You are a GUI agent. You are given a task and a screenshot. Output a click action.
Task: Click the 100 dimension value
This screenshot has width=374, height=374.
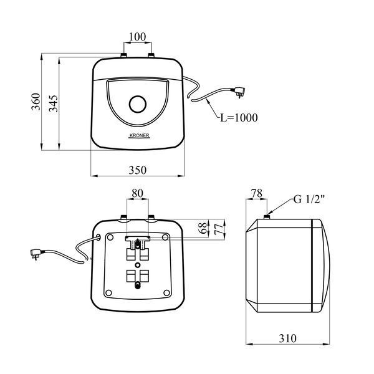point(138,37)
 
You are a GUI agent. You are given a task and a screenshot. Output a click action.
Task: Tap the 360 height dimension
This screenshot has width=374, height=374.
point(36,102)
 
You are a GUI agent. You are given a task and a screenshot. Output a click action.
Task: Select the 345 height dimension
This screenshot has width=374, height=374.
point(54,103)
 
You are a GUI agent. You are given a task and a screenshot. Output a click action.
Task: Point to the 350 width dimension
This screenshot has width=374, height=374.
point(138,170)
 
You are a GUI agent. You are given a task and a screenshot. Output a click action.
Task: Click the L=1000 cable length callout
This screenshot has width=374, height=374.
point(239,118)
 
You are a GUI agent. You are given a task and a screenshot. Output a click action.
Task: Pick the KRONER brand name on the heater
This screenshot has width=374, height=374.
point(139,135)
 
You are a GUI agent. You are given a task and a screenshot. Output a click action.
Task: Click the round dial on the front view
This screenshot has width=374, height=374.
point(138,104)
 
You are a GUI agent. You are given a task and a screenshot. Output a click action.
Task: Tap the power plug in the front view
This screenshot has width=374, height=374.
point(239,92)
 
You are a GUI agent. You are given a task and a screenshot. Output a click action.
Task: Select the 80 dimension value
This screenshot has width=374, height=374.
point(138,193)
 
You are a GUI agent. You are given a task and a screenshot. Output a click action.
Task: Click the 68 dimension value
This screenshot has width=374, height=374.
point(203,228)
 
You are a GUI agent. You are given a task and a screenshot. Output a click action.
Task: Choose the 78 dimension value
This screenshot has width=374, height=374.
point(257,193)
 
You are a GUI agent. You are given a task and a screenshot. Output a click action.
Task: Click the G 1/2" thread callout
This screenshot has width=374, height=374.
point(309,199)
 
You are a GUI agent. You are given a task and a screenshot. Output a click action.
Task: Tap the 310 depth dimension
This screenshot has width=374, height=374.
point(287,338)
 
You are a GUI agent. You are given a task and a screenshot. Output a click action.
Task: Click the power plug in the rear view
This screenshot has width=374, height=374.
point(36,254)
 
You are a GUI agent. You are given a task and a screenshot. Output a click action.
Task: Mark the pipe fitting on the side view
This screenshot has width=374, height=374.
point(267,217)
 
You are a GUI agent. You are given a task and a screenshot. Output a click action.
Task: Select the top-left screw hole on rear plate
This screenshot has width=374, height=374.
point(110,237)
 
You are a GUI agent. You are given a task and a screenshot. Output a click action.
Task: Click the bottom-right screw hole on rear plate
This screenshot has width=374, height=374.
point(166,292)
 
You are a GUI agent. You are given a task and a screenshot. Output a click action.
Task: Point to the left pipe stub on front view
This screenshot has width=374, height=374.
point(124,55)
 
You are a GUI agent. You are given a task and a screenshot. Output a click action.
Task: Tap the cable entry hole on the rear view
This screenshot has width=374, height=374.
point(98,237)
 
